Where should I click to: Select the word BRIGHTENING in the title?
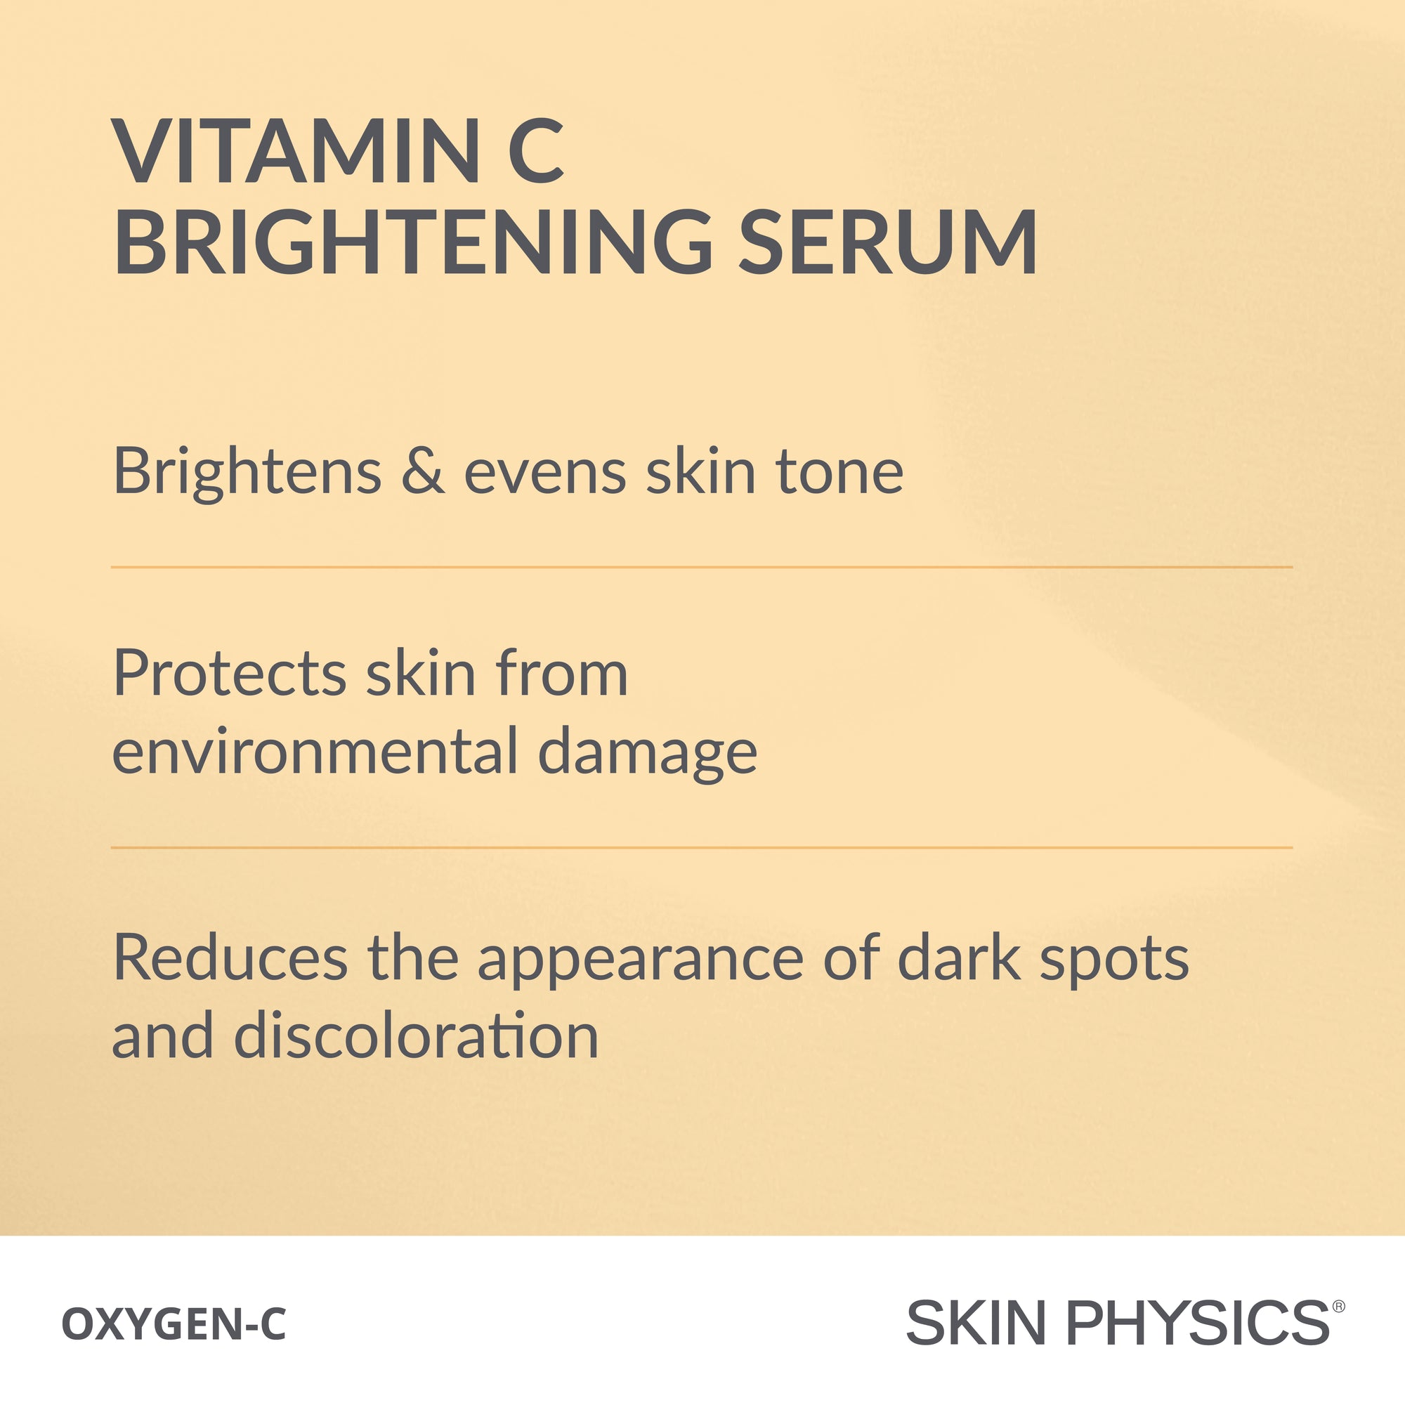point(413,242)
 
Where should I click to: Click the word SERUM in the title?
point(888,242)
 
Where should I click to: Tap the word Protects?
point(230,674)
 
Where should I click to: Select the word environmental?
point(315,750)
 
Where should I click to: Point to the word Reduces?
point(230,958)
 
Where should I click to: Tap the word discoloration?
point(416,1035)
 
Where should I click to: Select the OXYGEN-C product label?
point(174,1324)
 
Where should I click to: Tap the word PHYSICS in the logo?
point(1198,1323)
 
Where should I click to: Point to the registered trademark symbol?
point(1339,1307)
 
